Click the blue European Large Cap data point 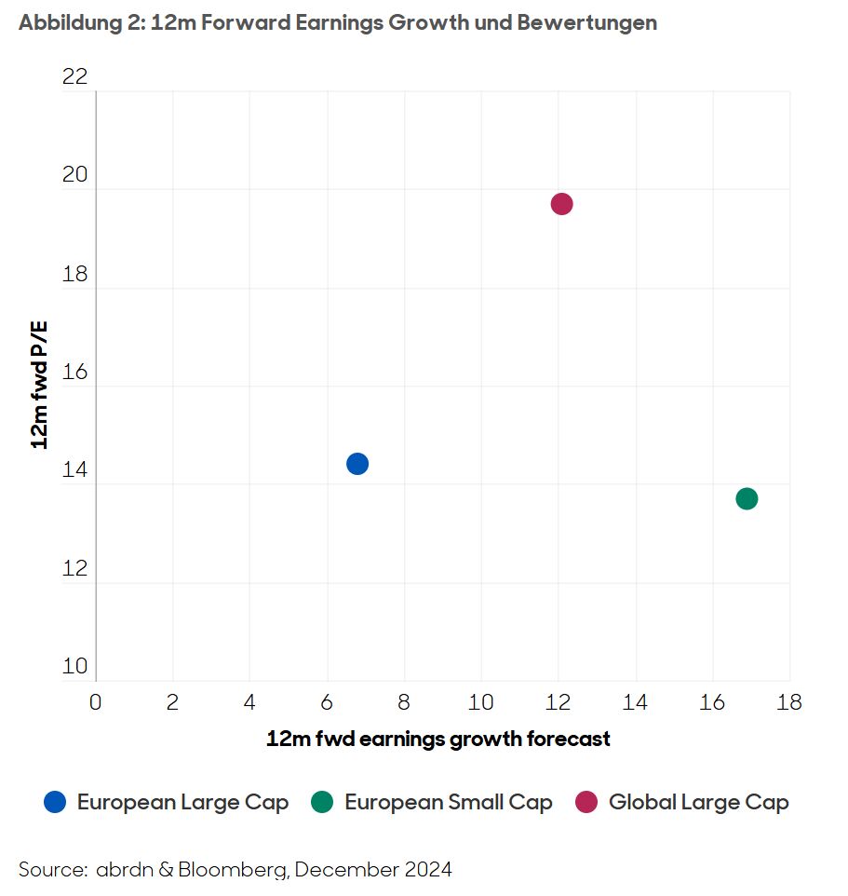357,464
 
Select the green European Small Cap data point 747,499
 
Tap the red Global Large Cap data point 561,204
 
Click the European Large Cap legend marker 56,802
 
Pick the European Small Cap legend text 449,802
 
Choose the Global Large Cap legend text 698,802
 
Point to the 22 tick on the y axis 74,76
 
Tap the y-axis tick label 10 74,667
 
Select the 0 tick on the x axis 95,702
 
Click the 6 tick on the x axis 327,702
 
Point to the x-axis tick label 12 559,702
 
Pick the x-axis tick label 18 789,702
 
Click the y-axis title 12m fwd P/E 40,382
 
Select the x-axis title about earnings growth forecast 438,740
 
